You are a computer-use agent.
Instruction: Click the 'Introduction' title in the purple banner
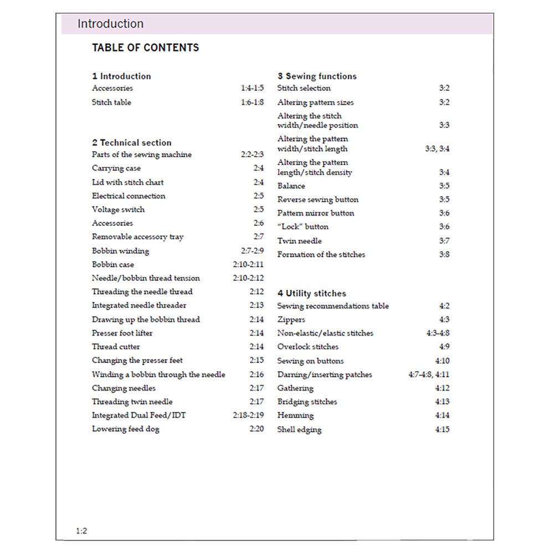[x=110, y=24]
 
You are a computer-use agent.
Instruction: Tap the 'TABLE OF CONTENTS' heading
[x=145, y=48]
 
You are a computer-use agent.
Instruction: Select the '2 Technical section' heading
[x=132, y=142]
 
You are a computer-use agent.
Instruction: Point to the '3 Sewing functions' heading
[x=317, y=76]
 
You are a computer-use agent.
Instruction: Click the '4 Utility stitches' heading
[x=311, y=293]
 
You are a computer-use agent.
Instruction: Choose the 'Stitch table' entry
[x=111, y=102]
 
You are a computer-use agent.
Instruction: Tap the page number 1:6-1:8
[x=252, y=102]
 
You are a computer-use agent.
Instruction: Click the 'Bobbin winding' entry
[x=120, y=251]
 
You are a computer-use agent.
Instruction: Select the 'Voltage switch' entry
[x=118, y=209]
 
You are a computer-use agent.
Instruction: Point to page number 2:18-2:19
[x=248, y=415]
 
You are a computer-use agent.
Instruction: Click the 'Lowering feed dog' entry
[x=125, y=429]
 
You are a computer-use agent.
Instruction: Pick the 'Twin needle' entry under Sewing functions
[x=299, y=241]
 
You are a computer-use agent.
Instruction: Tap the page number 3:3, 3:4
[x=437, y=148]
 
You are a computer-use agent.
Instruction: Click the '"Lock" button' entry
[x=302, y=227]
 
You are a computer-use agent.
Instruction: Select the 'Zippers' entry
[x=291, y=320]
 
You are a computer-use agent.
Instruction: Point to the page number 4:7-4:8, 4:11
[x=429, y=375]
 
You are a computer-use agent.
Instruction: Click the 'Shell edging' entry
[x=299, y=429]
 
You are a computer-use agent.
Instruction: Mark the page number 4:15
[x=442, y=429]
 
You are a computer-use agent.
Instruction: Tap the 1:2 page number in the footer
[x=81, y=531]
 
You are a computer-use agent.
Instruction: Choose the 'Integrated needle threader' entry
[x=139, y=305]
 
